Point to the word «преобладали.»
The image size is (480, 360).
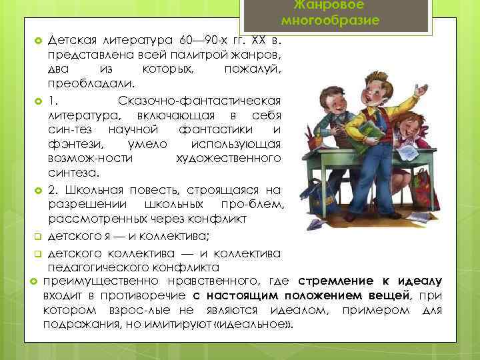click(x=91, y=85)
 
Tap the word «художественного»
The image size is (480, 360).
click(x=228, y=159)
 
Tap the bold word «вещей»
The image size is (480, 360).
click(x=387, y=295)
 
